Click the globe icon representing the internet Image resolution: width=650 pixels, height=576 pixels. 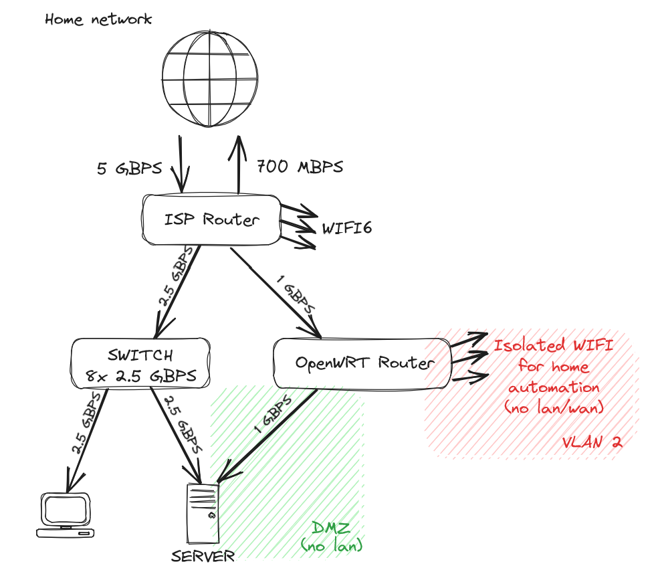click(209, 79)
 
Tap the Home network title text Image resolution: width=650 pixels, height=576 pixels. click(98, 19)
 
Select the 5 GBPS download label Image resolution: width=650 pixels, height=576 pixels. click(130, 168)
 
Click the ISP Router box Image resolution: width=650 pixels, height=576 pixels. click(211, 219)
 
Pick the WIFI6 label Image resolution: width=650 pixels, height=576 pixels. click(347, 229)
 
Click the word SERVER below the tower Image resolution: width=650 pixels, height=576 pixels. click(203, 556)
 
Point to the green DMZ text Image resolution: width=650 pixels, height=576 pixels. click(332, 529)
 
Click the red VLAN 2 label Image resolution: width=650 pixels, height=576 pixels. click(592, 442)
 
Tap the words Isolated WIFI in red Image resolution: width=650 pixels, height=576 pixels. click(554, 347)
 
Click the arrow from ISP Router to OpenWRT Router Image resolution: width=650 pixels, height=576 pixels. click(276, 292)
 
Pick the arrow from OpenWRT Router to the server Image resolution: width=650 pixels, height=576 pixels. click(265, 436)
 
